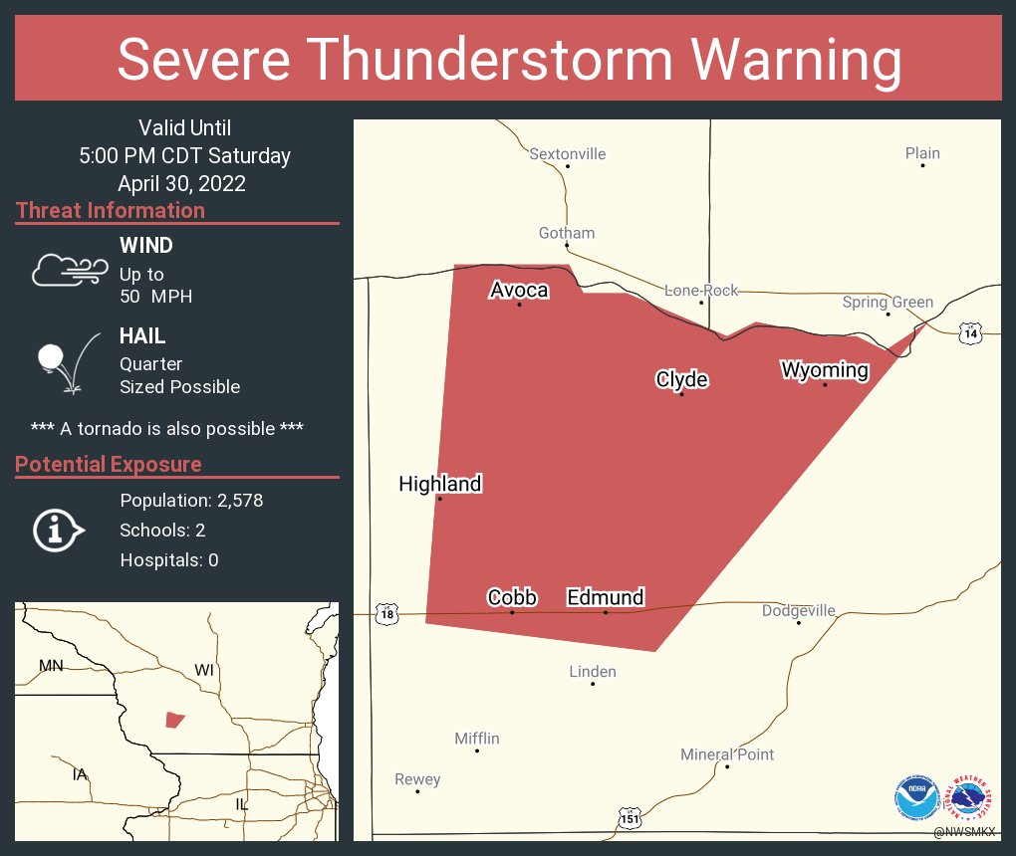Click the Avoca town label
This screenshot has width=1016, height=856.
click(x=519, y=290)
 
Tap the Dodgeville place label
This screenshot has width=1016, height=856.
click(x=799, y=610)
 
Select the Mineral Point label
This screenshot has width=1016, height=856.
click(x=727, y=754)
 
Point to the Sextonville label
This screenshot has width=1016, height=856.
click(x=567, y=154)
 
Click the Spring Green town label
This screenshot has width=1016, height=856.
click(x=888, y=302)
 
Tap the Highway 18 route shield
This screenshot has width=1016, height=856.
click(x=386, y=614)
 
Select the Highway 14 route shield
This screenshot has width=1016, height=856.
click(x=970, y=332)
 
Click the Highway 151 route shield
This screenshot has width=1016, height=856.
click(x=630, y=818)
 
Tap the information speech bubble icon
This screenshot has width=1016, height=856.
click(x=58, y=530)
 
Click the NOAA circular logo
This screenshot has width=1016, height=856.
click(x=916, y=796)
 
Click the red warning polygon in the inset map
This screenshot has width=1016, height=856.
click(x=174, y=720)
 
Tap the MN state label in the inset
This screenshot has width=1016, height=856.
click(x=51, y=665)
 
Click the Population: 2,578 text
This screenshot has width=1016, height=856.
click(x=191, y=501)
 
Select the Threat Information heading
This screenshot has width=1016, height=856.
click(x=111, y=210)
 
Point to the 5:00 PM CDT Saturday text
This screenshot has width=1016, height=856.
click(x=185, y=155)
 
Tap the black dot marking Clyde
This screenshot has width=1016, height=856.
click(x=681, y=394)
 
